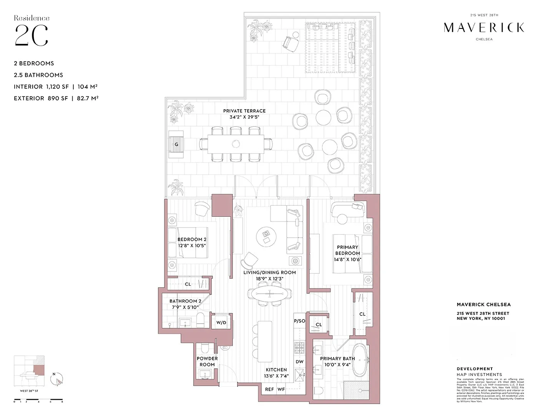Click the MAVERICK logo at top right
point(484,27)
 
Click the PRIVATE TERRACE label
point(244,111)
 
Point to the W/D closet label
point(221,323)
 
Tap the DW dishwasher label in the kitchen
point(299,361)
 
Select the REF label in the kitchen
point(269,389)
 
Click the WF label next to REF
point(281,389)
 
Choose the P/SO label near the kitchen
point(299,321)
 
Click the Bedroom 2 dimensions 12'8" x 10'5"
point(192,245)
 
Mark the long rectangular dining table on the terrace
point(236,144)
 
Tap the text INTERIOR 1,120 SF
point(41,87)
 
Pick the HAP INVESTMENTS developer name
point(479,374)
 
